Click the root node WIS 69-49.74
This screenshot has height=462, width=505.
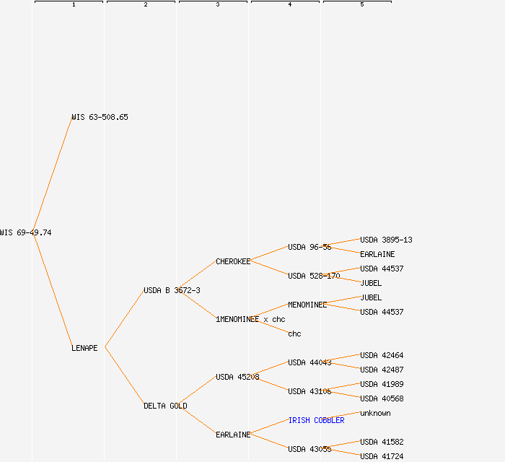coord(26,232)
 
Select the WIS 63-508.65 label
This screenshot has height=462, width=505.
coord(100,117)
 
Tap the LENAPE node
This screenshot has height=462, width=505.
coord(84,348)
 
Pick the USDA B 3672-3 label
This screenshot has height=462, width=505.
coord(172,290)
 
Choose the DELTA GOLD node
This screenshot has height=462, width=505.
coord(165,406)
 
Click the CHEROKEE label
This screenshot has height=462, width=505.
coord(233,261)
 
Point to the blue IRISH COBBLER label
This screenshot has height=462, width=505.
coord(316,420)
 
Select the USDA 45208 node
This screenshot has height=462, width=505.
coord(237,377)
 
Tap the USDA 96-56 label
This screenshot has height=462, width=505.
coord(309,247)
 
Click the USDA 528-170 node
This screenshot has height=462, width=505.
coord(314,276)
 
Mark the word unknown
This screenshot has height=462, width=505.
coord(375,413)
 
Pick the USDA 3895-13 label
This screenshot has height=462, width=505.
coord(386,240)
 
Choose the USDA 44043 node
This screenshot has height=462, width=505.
coord(309,362)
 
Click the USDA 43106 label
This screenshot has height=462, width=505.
coord(309,391)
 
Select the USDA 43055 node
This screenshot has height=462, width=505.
coord(309,449)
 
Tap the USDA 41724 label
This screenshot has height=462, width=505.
coord(382,456)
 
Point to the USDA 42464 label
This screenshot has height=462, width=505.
coord(382,355)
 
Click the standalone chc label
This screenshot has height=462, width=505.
coord(294,334)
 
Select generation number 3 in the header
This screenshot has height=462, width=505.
coord(218,5)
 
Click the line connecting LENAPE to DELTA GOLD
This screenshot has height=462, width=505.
coord(125,377)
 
